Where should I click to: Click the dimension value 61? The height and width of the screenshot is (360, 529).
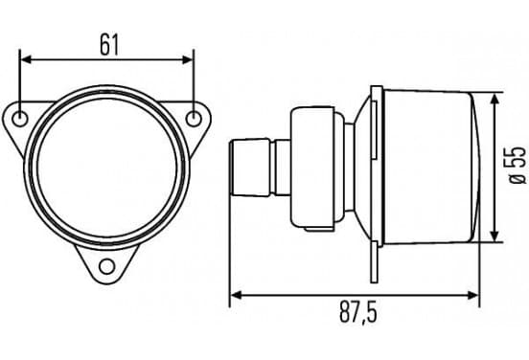(x=109, y=45)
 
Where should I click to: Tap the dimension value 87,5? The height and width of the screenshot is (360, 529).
(x=357, y=313)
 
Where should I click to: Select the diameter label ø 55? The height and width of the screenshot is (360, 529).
(x=517, y=166)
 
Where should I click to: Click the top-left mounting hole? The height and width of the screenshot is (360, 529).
(x=20, y=119)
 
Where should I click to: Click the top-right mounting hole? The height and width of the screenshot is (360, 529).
(x=194, y=119)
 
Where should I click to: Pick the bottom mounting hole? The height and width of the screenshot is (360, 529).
(x=107, y=266)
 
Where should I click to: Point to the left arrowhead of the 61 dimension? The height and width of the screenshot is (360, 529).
(x=26, y=60)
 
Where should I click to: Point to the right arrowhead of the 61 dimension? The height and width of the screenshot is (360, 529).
(x=187, y=60)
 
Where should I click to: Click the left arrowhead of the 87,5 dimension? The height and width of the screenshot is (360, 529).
(x=236, y=296)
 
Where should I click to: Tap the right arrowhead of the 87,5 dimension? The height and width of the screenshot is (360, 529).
(x=472, y=296)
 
